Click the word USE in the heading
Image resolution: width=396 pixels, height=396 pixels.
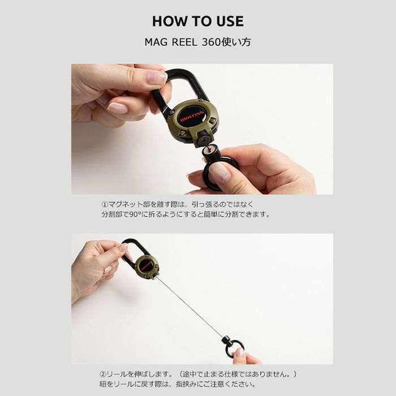coord(230,21)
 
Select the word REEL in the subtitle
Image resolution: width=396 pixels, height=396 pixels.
coord(184,42)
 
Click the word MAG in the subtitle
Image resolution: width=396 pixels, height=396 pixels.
coord(156,42)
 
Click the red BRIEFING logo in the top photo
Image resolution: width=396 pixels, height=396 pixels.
coord(192,116)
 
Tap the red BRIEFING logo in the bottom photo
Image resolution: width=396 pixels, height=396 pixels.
coord(146,264)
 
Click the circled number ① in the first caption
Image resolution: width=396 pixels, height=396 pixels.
coord(105,204)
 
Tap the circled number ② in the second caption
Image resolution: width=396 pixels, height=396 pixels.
coord(103,374)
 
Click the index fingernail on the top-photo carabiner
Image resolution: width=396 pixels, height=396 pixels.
coord(156,78)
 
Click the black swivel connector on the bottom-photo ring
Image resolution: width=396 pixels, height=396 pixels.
coord(225,339)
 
